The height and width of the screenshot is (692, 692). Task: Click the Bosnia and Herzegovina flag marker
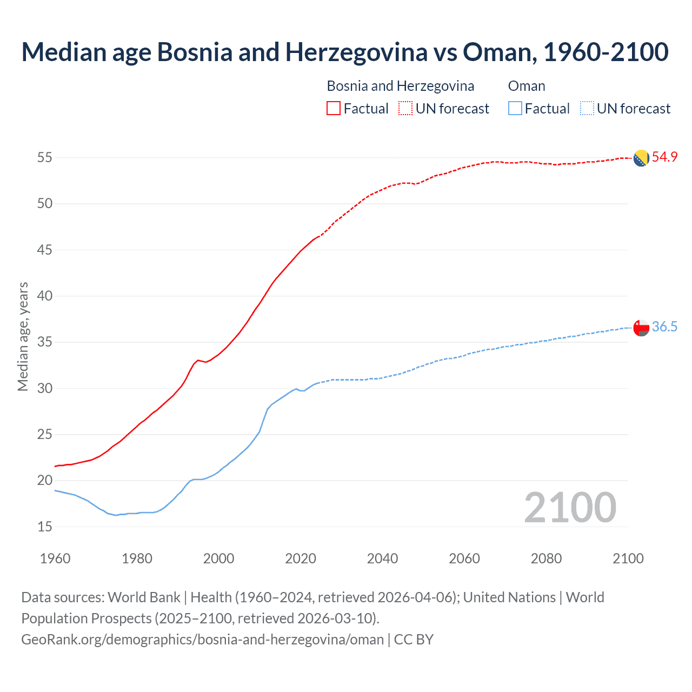(641, 158)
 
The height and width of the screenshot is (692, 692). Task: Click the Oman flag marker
(641, 328)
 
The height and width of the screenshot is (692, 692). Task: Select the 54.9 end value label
(664, 157)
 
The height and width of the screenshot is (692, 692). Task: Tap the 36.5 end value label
(664, 327)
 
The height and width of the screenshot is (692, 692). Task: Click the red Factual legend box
(334, 109)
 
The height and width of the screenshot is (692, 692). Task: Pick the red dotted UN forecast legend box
(405, 109)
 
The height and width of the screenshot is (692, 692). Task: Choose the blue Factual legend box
(515, 109)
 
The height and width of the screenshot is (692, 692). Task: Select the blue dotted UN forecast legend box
(587, 109)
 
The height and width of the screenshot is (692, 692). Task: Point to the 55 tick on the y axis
(44, 158)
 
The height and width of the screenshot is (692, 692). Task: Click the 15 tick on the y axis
(44, 527)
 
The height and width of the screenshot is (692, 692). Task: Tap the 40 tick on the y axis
(44, 296)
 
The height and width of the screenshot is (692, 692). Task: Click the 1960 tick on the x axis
(55, 558)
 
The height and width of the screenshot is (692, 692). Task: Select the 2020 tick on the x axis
(301, 558)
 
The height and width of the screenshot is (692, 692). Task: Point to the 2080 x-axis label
(546, 558)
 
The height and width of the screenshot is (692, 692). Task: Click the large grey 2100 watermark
(570, 507)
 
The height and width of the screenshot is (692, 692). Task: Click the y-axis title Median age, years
(23, 336)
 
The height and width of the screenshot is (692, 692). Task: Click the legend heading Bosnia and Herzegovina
(400, 86)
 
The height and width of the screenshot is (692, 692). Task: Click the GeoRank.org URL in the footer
(202, 640)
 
